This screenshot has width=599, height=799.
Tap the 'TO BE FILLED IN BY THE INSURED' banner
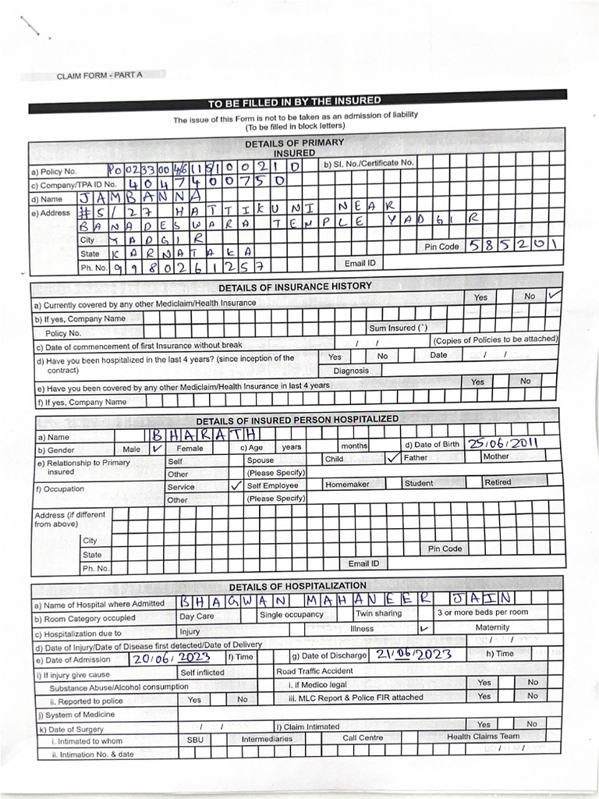pos(294,101)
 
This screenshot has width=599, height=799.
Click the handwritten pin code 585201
pos(513,245)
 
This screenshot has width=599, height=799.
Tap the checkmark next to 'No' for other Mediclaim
pos(555,296)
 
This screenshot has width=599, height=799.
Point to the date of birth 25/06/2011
pos(503,442)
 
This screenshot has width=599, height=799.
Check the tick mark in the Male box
pos(155,449)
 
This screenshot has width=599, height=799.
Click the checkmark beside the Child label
pos(393,459)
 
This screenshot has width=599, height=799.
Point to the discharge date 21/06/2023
pos(413,655)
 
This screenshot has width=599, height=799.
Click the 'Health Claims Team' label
pos(483,737)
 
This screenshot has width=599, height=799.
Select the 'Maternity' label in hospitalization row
pos(492,627)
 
